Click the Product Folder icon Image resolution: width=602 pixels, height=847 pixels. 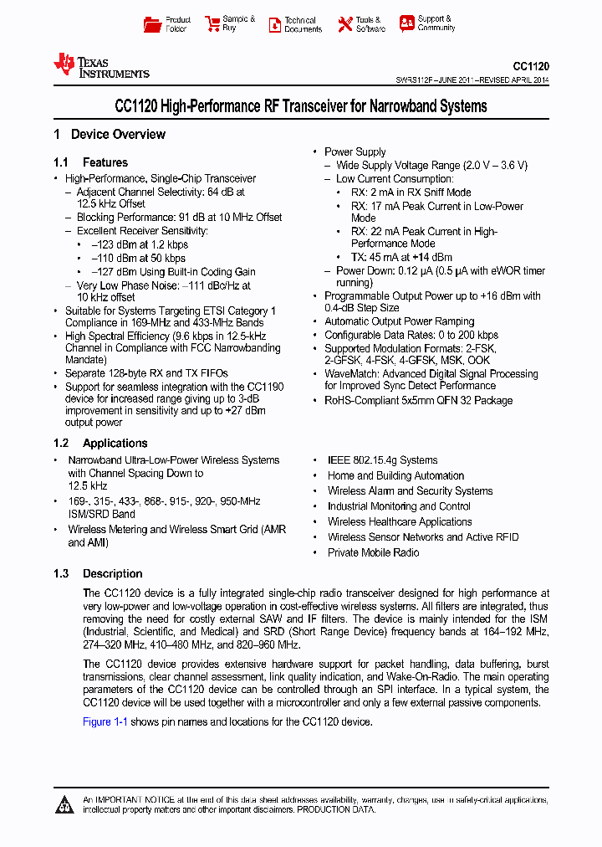coord(152,24)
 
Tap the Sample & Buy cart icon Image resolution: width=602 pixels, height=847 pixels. coord(212,24)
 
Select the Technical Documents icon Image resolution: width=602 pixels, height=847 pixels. coord(274,24)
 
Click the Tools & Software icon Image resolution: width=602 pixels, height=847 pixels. coord(344,24)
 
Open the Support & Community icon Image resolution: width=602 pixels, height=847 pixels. coord(406,23)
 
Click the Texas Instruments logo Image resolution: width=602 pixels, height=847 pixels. coord(101,66)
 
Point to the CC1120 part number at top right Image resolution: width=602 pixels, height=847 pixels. coord(531,66)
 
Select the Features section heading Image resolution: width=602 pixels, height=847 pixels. coord(105,162)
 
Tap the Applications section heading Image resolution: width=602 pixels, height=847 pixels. coord(115,444)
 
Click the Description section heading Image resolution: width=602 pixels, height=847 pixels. coord(112,574)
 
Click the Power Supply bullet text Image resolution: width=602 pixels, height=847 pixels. coord(355,152)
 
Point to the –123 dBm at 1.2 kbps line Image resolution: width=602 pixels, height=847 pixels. coord(139,244)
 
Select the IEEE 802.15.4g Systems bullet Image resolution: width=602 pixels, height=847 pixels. coord(382,460)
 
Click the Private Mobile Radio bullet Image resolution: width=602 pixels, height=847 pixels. coord(373,553)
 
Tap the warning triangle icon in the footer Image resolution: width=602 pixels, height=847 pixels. coord(64,805)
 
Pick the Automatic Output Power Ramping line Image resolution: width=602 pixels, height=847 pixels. coord(399,321)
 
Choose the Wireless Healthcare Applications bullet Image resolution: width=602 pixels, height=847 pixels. coord(400,522)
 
